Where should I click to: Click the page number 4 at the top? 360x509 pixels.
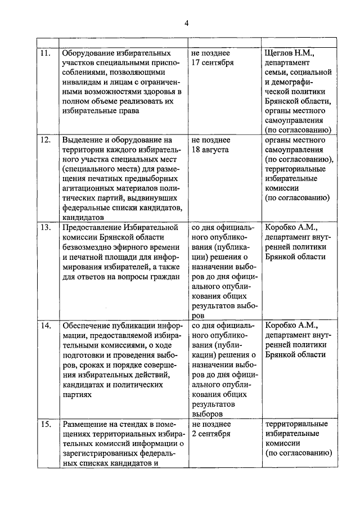187,22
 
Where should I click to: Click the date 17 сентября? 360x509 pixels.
213,62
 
